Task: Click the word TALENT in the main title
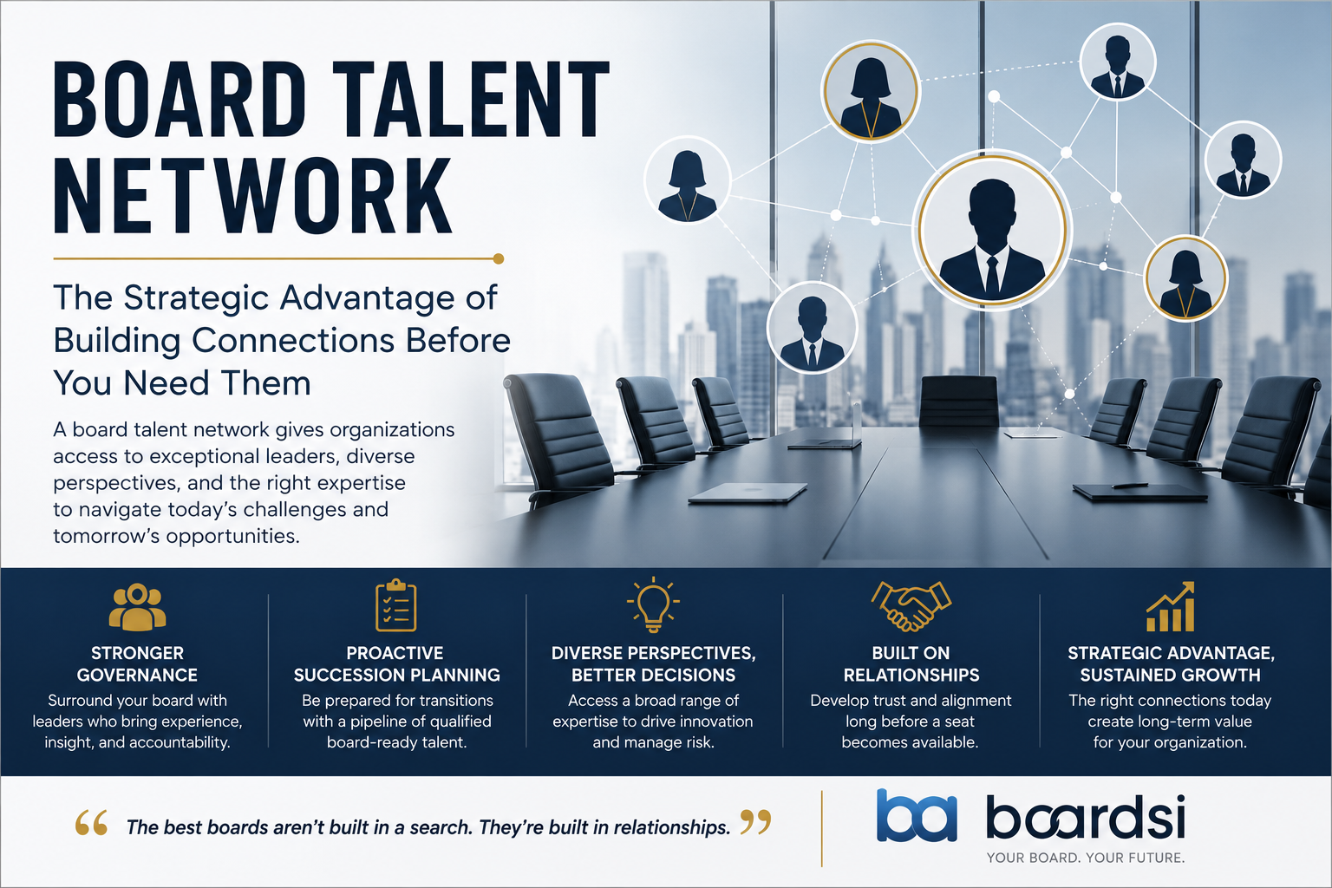[x=470, y=99]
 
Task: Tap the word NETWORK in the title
[x=253, y=195]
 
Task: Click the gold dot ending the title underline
[x=499, y=258]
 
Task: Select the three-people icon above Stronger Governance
[x=137, y=607]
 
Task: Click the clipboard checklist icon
[x=396, y=605]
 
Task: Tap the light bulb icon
[x=653, y=604]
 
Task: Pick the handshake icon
[x=911, y=605]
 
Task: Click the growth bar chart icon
[x=1170, y=606]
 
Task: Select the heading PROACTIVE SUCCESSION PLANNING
[x=396, y=663]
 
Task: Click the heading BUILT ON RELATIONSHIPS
[x=911, y=663]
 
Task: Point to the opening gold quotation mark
[x=92, y=822]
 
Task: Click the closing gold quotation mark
[x=755, y=822]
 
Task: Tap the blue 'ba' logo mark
[x=917, y=815]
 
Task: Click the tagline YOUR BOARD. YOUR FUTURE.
[x=1086, y=858]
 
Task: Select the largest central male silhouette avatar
[x=992, y=230]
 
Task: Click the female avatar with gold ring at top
[x=871, y=91]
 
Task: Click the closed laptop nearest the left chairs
[x=748, y=493]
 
